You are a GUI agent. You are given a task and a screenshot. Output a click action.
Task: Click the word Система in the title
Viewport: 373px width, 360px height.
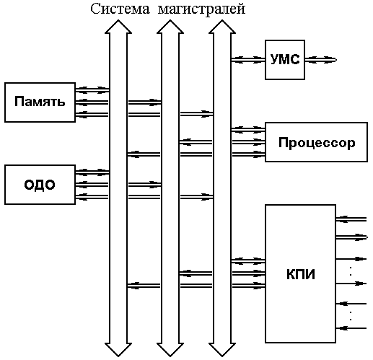tap(120, 9)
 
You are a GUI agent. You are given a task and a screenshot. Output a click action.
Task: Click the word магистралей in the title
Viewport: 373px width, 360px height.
tap(201, 10)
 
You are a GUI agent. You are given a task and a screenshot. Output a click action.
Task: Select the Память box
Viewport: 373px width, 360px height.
tap(40, 102)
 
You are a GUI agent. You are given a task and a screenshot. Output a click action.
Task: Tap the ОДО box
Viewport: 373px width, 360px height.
tap(40, 185)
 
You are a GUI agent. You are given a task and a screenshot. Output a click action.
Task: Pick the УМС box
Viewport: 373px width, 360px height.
tap(285, 60)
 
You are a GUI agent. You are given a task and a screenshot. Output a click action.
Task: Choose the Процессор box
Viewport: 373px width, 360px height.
tap(316, 142)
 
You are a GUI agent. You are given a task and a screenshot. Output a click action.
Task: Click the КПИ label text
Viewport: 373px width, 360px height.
tap(301, 274)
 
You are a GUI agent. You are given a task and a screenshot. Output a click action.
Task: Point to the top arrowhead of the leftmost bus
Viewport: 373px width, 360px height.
tap(118, 27)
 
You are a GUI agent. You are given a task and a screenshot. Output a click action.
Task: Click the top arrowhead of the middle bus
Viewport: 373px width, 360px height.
tap(170, 27)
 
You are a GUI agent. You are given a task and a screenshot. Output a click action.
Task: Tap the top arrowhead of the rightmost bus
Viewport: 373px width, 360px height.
tap(222, 27)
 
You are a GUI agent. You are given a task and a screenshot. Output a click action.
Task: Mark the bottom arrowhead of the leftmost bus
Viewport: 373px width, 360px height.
tap(118, 350)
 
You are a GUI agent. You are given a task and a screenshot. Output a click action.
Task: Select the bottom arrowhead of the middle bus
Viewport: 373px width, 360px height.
tap(170, 350)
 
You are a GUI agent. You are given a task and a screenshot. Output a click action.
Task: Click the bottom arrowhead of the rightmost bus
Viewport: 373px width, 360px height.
tap(222, 350)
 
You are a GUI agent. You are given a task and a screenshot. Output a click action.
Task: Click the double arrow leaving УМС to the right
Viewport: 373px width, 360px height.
tap(321, 60)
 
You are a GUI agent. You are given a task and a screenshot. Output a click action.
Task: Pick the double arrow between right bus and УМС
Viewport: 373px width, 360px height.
tap(248, 60)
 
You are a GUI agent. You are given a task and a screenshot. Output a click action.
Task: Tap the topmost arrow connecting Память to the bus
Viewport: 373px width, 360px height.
tap(92, 90)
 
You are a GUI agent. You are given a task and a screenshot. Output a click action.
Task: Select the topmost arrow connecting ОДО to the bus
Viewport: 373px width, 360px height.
tap(92, 172)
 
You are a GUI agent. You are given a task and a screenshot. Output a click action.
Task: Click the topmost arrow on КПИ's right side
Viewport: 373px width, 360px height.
tap(351, 219)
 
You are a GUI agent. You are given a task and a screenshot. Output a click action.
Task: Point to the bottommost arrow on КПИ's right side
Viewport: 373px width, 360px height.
tap(351, 328)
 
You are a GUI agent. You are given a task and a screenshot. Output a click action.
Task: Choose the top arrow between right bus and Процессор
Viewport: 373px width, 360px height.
tap(248, 130)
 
